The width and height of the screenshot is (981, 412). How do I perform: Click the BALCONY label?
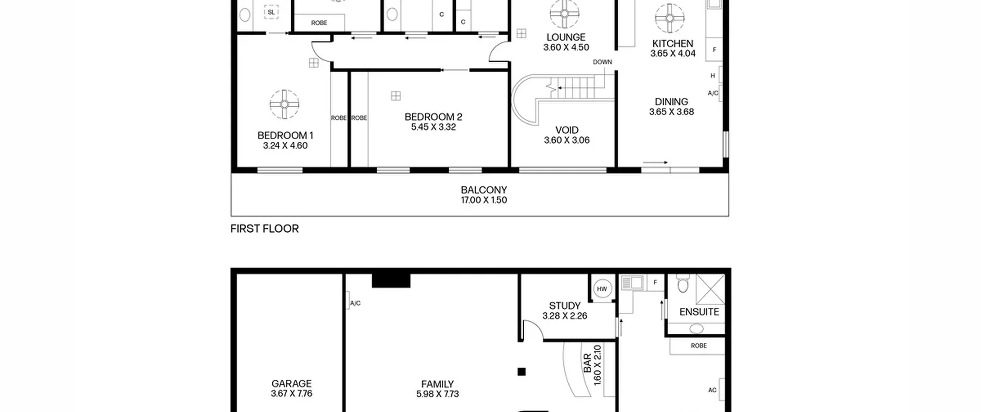pos(484,190)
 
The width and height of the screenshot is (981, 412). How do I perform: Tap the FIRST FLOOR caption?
pos(264,229)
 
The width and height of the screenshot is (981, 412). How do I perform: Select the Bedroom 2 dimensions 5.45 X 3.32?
pos(433,127)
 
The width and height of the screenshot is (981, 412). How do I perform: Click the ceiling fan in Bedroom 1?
pos(284,104)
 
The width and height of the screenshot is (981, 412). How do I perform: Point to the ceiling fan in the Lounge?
pos(564,14)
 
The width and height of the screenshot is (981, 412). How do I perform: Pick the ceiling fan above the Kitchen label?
pos(669,18)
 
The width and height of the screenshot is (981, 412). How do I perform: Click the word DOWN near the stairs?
pos(602,62)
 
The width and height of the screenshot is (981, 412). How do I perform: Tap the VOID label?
pos(567,130)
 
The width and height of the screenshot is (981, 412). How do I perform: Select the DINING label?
pos(671,102)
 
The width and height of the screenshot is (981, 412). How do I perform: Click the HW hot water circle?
pos(602,289)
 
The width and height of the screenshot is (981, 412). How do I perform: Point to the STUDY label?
pos(564,306)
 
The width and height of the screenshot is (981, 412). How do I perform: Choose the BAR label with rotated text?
pos(587,364)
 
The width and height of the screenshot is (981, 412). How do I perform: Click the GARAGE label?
pos(291,384)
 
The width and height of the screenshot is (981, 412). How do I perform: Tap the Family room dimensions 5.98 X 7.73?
pos(437,394)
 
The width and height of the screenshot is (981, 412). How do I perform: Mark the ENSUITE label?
pos(699,312)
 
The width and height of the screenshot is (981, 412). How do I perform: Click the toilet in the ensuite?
pos(683,283)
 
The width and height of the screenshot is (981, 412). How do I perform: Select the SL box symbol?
pos(271,12)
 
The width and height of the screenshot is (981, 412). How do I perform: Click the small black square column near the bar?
pos(522,372)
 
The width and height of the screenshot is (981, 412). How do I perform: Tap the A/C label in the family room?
pos(355,304)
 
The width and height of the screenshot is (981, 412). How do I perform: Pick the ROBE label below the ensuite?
pos(699,346)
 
